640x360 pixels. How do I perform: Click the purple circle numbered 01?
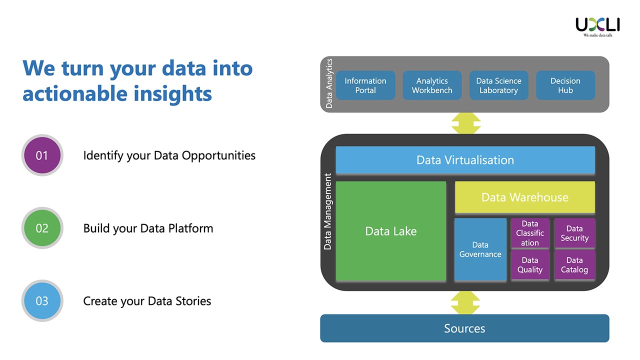click(42, 155)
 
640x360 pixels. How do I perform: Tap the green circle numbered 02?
click(42, 228)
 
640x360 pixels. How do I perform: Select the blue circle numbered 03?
click(42, 301)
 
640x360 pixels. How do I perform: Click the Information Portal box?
click(365, 85)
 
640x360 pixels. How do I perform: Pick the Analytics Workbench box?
click(432, 85)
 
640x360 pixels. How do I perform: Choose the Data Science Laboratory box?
click(498, 85)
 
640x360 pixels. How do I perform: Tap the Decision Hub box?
click(565, 85)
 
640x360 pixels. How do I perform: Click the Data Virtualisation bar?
click(465, 160)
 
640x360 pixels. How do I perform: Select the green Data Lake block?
click(391, 231)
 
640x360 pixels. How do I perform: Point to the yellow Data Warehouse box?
click(524, 197)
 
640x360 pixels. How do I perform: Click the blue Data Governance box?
click(480, 249)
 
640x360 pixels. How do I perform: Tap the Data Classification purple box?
click(530, 233)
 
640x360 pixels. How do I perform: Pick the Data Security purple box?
click(574, 233)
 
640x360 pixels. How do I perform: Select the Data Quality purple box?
click(530, 265)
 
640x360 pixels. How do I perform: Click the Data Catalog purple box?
click(574, 265)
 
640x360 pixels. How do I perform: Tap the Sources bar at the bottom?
click(464, 328)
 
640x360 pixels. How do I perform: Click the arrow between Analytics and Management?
click(465, 123)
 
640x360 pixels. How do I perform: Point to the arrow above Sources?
click(465, 302)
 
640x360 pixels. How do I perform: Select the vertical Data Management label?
click(328, 211)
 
